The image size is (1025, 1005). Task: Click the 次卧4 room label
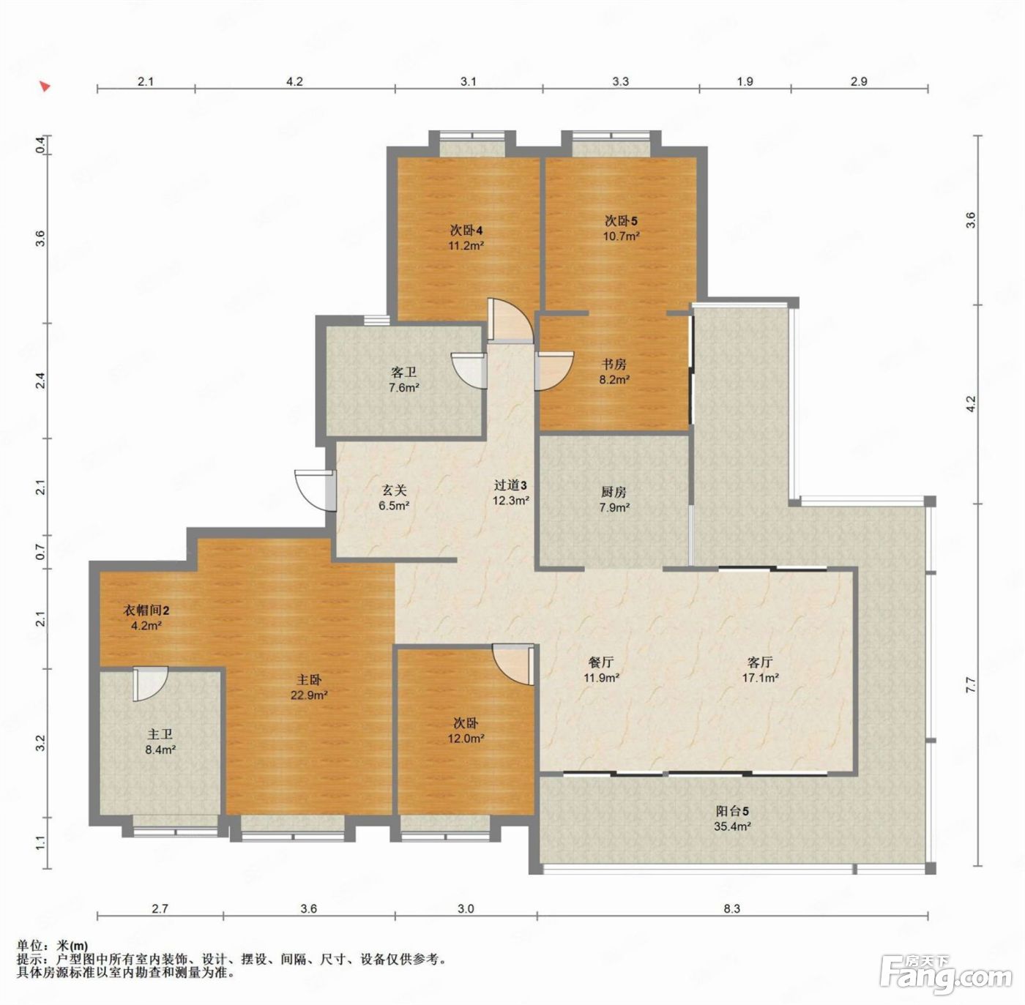pyautogui.click(x=466, y=231)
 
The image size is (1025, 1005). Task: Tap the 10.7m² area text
pyautogui.click(x=621, y=236)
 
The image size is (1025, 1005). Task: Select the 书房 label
pyautogui.click(x=614, y=365)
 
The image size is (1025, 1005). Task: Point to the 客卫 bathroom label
pyautogui.click(x=403, y=373)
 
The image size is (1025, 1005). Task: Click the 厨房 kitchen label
pyautogui.click(x=614, y=492)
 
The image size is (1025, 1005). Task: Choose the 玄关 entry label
pyautogui.click(x=394, y=490)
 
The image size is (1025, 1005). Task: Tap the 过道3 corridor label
pyautogui.click(x=510, y=485)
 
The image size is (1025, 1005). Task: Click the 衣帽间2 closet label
pyautogui.click(x=146, y=610)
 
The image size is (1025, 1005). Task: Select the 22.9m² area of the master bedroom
pyautogui.click(x=309, y=695)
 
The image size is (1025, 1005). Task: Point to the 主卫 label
pyautogui.click(x=160, y=734)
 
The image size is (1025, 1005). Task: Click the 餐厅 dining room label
pyautogui.click(x=601, y=662)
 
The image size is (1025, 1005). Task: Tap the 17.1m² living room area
pyautogui.click(x=761, y=678)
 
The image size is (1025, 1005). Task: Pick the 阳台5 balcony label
pyautogui.click(x=732, y=811)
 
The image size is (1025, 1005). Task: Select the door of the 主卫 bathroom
pyautogui.click(x=151, y=684)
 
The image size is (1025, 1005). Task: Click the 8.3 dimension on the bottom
pyautogui.click(x=732, y=908)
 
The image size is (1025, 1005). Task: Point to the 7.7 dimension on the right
pyautogui.click(x=972, y=684)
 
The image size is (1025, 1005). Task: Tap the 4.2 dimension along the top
pyautogui.click(x=294, y=81)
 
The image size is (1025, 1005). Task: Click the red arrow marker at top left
pyautogui.click(x=45, y=86)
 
